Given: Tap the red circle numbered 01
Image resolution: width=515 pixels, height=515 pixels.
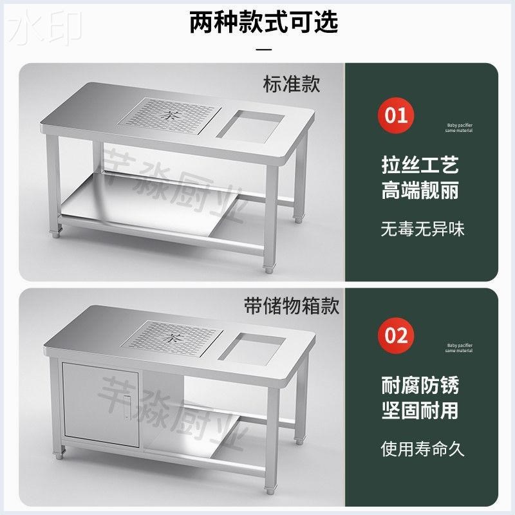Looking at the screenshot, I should pos(396,116).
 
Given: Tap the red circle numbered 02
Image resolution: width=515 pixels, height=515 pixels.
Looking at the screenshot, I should pos(396,335).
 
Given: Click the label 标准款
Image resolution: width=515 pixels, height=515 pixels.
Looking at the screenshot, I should pos(292,84).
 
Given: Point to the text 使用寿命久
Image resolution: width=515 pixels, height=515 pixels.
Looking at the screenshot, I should pos(422,448).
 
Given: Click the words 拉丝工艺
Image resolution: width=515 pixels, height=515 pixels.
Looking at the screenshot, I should pos(420,166).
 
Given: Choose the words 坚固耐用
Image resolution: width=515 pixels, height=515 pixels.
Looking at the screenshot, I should pos(420,411).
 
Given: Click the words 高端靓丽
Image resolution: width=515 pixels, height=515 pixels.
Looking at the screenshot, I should pos(420,191).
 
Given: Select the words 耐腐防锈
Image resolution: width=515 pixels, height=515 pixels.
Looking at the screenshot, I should pos(420,386).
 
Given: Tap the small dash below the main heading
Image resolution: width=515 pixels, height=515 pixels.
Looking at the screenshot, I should pos(263,48).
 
